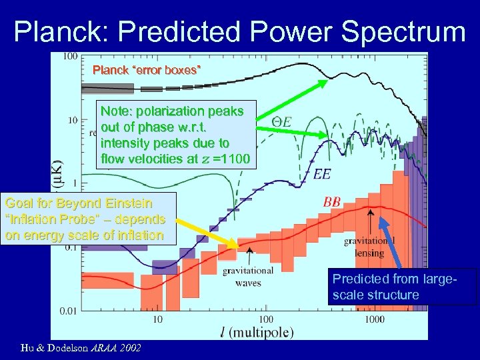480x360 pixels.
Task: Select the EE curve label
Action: (x=322, y=174)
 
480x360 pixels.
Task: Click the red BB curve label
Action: (x=333, y=201)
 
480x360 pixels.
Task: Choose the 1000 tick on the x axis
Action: (x=375, y=319)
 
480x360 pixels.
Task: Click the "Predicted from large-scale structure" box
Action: (x=403, y=287)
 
